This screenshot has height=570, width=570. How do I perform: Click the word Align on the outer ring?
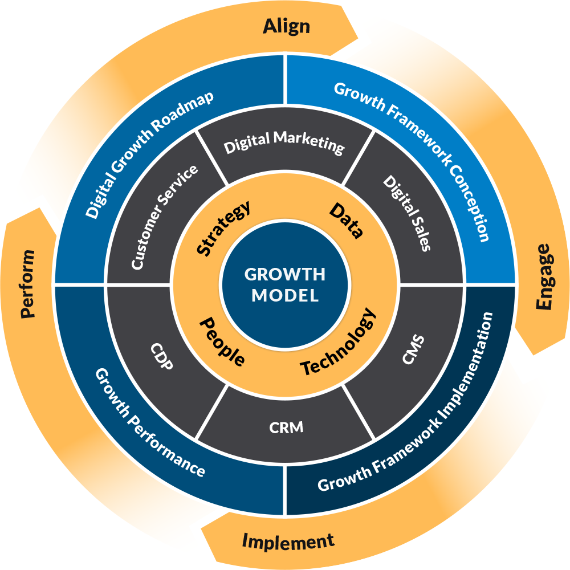tap(286, 26)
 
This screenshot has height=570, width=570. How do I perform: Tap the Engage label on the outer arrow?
tap(544, 277)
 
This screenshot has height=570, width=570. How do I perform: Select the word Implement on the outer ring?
tap(288, 541)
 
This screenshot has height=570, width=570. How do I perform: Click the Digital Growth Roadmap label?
tap(150, 154)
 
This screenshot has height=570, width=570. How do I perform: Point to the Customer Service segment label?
tap(164, 217)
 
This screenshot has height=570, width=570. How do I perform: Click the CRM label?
tap(286, 426)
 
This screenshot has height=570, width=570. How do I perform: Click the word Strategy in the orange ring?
tap(223, 227)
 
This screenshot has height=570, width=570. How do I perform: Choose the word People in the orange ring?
tap(222, 342)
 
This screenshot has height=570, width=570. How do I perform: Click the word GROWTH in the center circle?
tap(284, 274)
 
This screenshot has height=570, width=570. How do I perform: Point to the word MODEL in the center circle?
tap(285, 295)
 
